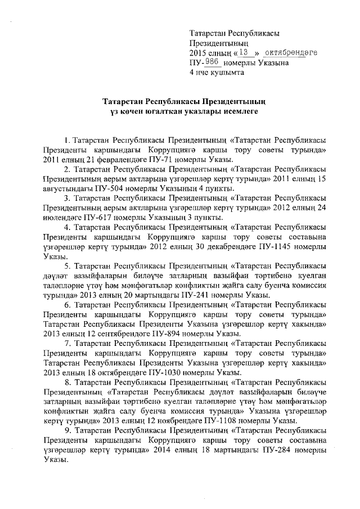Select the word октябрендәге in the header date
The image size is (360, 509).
(x=290, y=52)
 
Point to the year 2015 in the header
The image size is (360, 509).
(x=199, y=52)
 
